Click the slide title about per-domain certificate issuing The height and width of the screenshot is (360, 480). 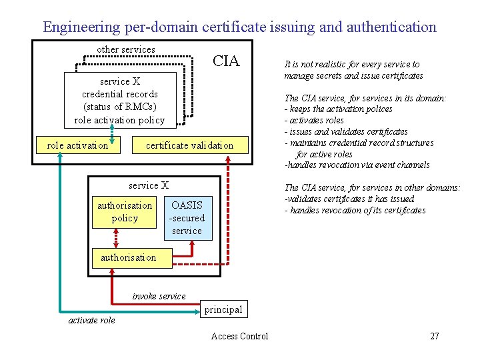239,27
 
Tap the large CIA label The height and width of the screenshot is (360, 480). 225,61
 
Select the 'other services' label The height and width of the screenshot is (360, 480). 125,49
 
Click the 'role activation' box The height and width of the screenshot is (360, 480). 77,145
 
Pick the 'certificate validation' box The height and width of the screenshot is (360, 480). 189,145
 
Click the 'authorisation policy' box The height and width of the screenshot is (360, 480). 125,212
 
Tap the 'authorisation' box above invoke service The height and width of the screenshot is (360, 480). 128,257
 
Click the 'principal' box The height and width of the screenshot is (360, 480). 223,309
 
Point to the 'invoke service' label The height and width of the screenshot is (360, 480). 159,296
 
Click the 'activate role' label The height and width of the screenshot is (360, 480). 92,320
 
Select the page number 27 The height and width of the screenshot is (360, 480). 434,336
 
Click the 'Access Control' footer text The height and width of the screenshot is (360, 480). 239,336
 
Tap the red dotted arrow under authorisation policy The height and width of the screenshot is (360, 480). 117,238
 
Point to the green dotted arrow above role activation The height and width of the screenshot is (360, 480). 112,133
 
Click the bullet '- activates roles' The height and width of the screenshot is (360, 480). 314,120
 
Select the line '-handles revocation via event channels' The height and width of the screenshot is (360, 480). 357,165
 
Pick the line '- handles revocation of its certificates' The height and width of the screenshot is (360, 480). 355,210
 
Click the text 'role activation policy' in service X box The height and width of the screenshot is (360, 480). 120,119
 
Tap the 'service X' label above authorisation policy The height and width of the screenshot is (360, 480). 148,185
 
